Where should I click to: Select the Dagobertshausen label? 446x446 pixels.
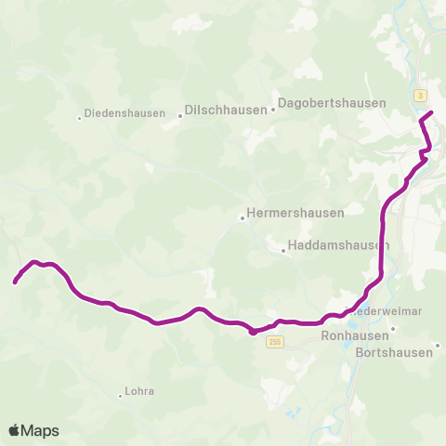click(x=333, y=103)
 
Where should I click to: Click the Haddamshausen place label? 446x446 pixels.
click(x=338, y=245)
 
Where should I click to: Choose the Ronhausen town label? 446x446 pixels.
click(x=347, y=335)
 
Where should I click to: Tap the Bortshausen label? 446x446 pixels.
click(x=395, y=352)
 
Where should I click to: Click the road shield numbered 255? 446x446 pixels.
click(x=274, y=342)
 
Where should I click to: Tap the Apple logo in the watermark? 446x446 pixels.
click(x=14, y=430)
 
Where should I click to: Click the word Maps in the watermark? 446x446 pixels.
click(x=40, y=430)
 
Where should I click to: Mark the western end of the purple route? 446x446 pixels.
click(x=16, y=281)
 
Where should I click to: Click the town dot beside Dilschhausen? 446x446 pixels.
click(x=180, y=116)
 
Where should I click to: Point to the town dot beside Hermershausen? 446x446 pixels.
click(x=243, y=219)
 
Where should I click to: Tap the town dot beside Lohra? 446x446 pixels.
click(x=121, y=396)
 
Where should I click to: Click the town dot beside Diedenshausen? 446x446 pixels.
click(x=80, y=117)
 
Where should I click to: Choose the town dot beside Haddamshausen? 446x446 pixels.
click(x=283, y=249)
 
